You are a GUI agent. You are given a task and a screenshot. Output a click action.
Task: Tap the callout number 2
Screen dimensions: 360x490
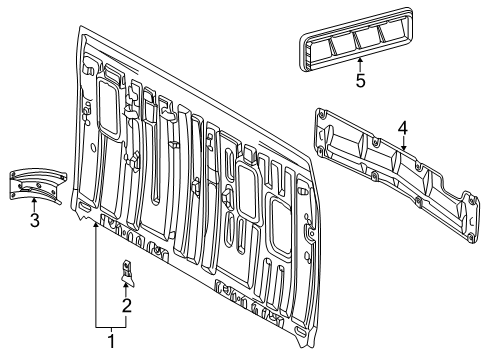pyautogui.click(x=126, y=306)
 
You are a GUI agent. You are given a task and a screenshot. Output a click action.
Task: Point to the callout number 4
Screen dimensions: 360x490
pyautogui.click(x=401, y=127)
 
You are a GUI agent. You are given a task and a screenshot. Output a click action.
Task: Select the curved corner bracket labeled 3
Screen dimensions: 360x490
pyautogui.click(x=36, y=184)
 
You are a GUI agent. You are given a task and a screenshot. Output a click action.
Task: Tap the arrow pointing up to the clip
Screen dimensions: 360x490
pyautogui.click(x=127, y=288)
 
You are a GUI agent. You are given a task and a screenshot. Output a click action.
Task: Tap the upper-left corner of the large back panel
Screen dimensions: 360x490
pyautogui.click(x=81, y=38)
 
